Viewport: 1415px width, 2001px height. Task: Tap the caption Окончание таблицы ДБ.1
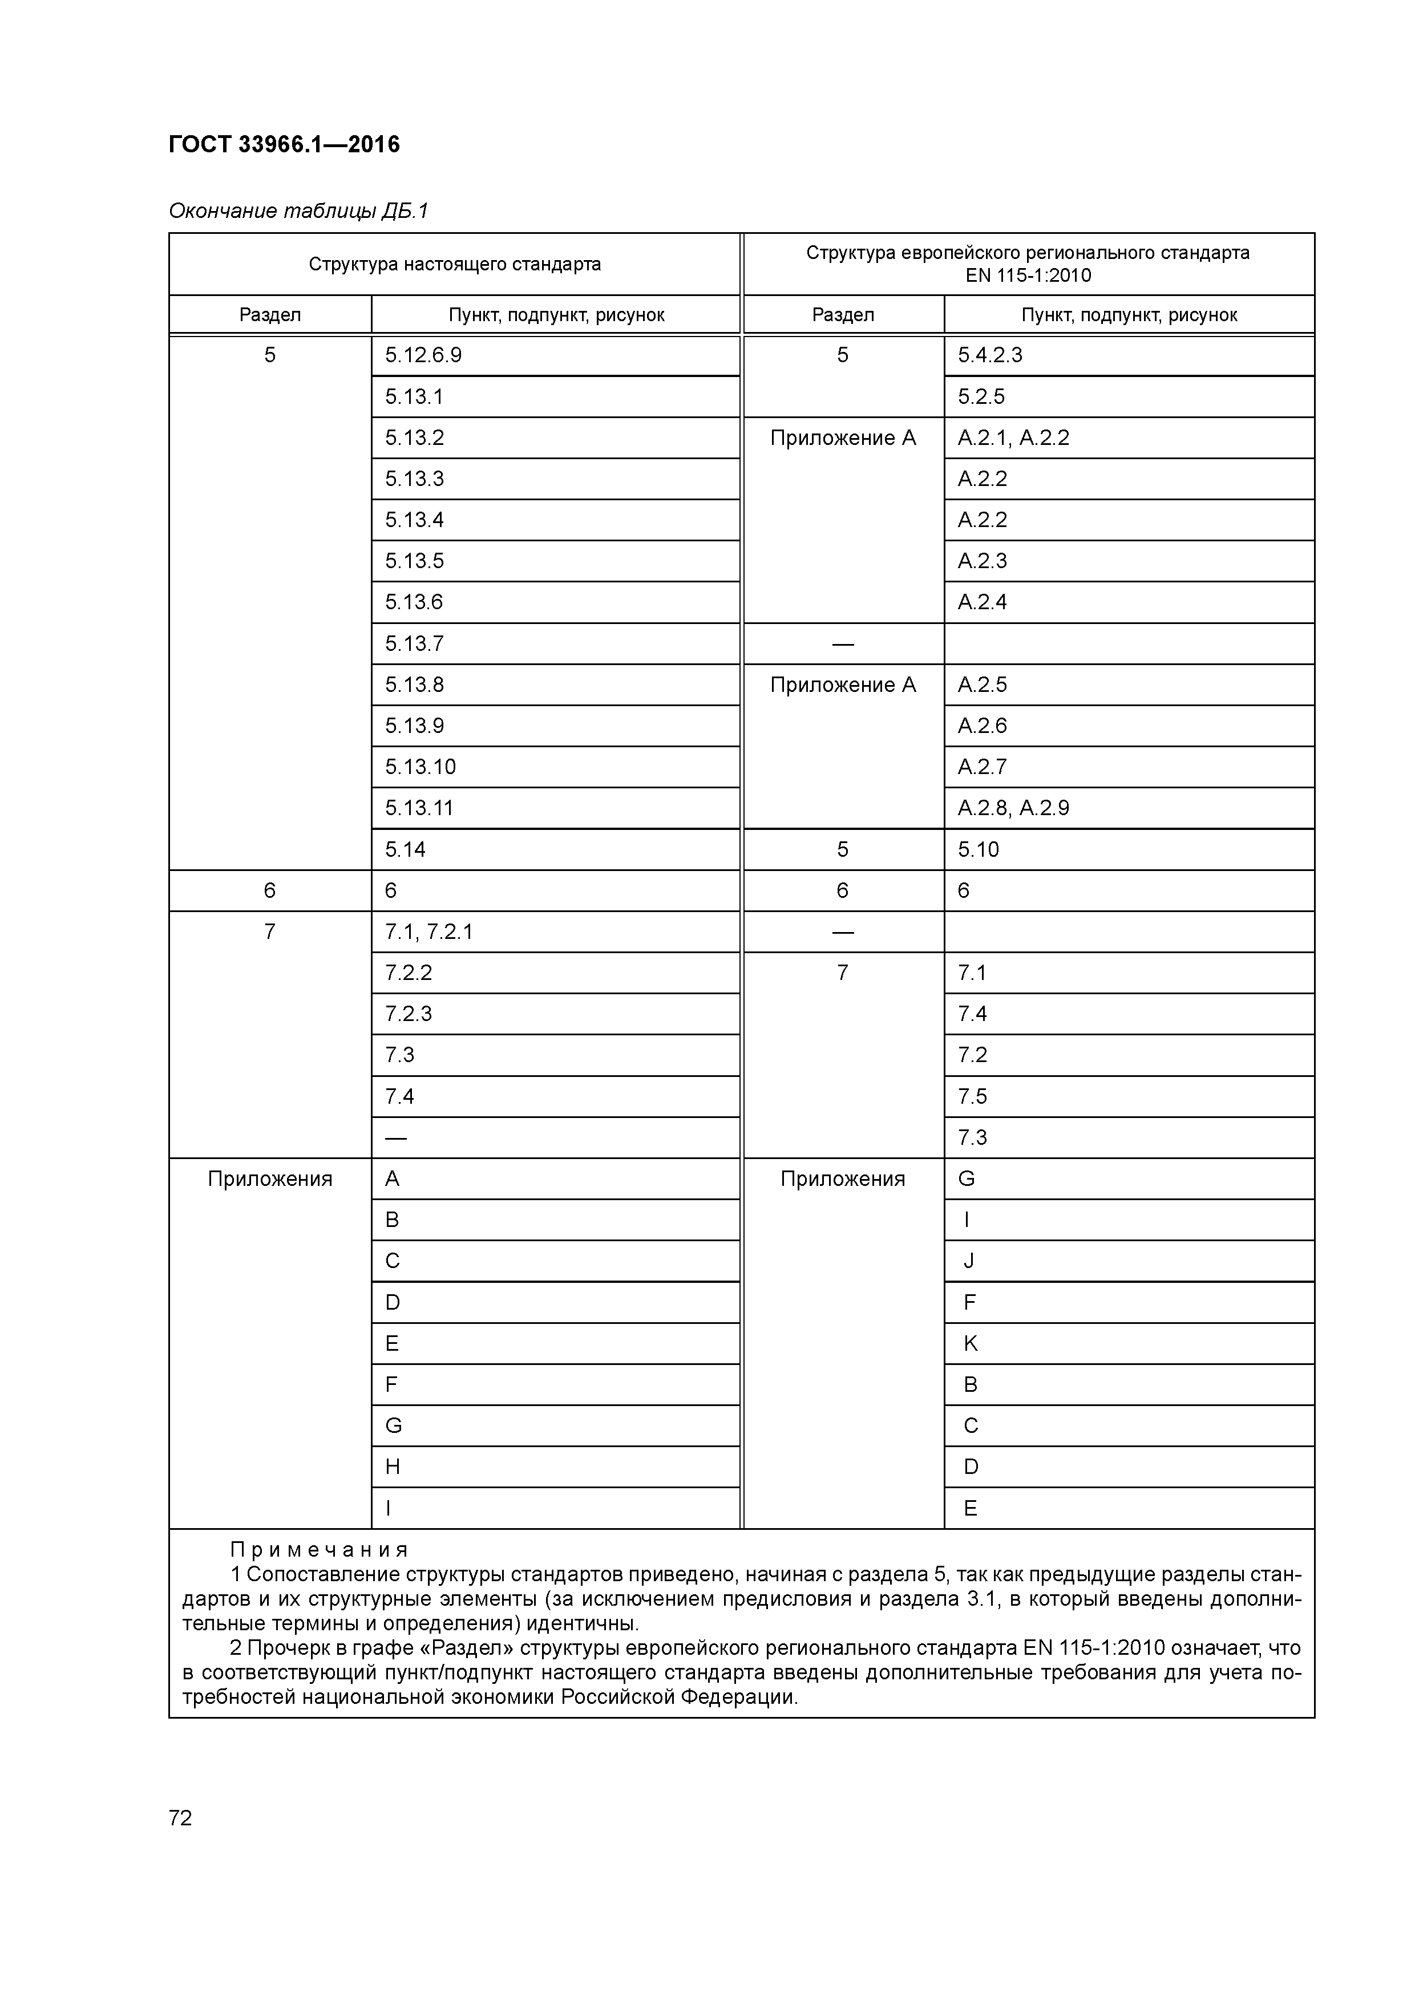pos(298,211)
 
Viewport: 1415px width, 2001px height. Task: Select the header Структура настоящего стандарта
pos(454,264)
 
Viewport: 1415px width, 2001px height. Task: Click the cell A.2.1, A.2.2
pos(1013,438)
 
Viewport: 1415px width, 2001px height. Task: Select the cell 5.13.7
pos(414,644)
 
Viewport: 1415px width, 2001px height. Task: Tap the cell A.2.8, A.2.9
pos(1013,808)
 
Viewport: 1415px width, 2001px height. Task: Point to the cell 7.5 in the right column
pos(972,1096)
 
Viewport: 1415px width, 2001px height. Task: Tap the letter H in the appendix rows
pos(393,1467)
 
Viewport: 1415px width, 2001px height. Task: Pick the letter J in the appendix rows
pos(969,1261)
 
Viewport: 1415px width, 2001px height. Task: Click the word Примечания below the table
pos(319,1550)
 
